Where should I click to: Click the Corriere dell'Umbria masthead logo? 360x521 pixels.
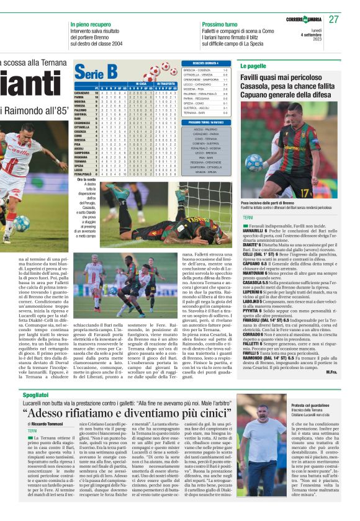(308, 19)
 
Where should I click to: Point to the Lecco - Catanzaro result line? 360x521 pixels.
(205, 84)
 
